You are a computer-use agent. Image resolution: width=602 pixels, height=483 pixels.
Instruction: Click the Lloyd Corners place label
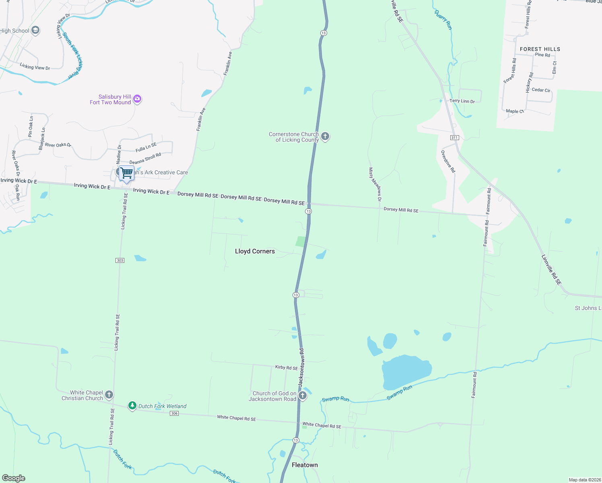click(255, 251)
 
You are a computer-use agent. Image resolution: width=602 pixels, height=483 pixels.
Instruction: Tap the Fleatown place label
click(305, 465)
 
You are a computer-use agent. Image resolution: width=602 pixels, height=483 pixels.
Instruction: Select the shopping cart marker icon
click(126, 173)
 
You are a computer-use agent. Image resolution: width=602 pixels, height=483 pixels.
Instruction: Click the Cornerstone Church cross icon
click(325, 136)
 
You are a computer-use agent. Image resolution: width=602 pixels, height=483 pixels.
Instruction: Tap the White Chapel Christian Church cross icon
click(109, 394)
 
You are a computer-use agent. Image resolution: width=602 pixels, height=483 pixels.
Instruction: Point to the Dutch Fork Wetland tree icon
click(132, 406)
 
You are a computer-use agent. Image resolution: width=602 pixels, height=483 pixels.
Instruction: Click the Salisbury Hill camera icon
click(137, 99)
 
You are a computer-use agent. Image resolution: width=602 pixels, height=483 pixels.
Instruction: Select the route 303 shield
click(120, 260)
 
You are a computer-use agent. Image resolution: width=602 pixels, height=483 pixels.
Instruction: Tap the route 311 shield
click(454, 138)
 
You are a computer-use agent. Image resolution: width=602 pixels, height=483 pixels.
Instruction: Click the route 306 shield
click(174, 413)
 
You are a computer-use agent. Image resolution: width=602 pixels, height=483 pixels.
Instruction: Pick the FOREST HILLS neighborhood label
click(540, 49)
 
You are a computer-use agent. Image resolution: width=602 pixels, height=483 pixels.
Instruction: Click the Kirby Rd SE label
click(287, 367)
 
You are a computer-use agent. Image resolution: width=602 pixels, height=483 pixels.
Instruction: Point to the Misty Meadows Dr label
click(375, 184)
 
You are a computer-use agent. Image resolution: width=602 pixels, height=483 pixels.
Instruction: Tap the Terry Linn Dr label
click(462, 101)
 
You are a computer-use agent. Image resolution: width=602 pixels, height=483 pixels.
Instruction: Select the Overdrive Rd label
click(448, 161)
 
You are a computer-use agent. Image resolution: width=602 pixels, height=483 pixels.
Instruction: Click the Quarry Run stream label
click(443, 20)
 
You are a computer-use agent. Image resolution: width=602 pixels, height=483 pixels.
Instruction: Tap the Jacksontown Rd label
click(301, 368)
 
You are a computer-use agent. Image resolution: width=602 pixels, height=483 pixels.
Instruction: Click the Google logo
click(14, 478)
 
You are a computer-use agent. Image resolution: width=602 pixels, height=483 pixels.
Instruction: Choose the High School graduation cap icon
click(35, 31)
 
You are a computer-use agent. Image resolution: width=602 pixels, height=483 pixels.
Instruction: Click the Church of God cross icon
click(303, 396)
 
